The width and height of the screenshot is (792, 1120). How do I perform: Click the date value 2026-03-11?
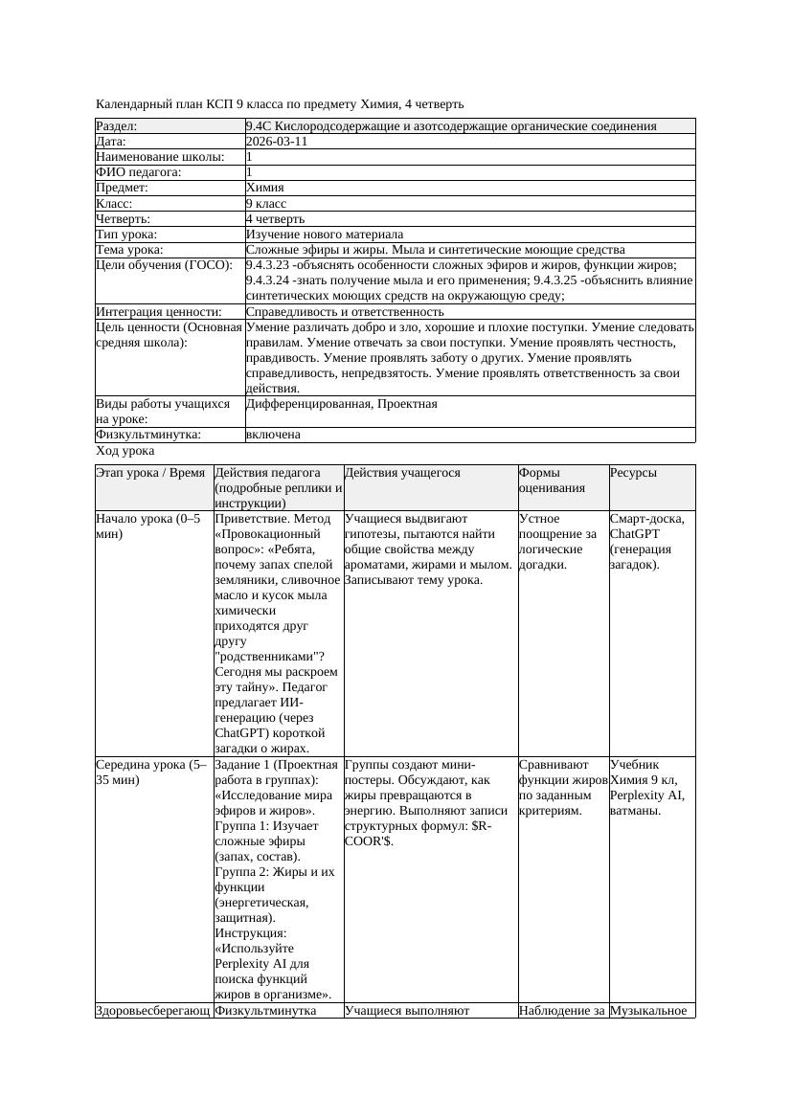277,142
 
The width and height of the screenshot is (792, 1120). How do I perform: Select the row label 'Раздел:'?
117,126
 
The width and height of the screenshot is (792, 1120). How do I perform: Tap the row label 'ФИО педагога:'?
139,172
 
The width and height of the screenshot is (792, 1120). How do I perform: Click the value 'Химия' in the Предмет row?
264,188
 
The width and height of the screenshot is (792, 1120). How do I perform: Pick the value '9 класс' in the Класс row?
266,204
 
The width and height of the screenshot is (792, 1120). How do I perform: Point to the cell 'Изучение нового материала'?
325,235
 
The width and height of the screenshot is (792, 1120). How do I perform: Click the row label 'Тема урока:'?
130,250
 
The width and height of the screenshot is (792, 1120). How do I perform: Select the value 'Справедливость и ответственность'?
345,312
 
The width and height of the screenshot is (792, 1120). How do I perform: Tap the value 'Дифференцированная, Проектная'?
342,404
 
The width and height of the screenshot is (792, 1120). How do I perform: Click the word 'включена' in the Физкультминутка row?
273,435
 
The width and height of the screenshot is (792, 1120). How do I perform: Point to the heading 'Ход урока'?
125,451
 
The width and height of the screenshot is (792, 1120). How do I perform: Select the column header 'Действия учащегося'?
402,473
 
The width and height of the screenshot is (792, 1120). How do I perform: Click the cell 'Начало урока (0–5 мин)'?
148,526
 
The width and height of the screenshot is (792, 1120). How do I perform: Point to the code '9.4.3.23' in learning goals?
270,265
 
